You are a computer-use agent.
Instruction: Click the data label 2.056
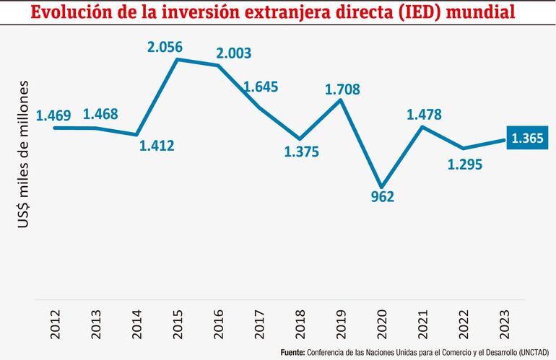coord(165,47)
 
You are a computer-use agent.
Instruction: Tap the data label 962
coord(382,196)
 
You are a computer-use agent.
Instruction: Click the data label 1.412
coord(156,146)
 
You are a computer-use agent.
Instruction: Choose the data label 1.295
coord(465,164)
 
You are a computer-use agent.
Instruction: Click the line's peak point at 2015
coord(178,59)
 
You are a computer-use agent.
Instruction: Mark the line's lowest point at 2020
coord(382,187)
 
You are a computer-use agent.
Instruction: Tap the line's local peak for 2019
coord(342,100)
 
